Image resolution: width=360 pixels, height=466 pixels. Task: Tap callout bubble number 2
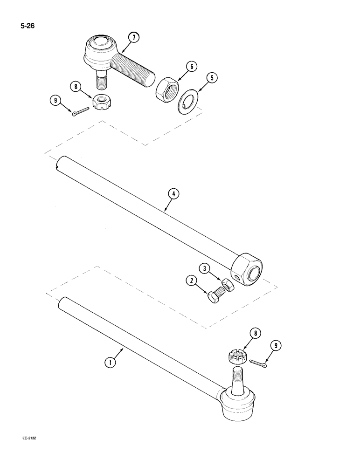coord(191,281)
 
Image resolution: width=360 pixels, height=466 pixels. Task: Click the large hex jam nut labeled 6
coord(166,89)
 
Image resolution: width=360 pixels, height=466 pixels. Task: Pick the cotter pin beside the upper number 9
coord(80,112)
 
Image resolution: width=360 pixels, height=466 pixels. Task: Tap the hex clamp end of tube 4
coord(248,270)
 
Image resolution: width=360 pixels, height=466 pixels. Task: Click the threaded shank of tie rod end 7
coord(133,69)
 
